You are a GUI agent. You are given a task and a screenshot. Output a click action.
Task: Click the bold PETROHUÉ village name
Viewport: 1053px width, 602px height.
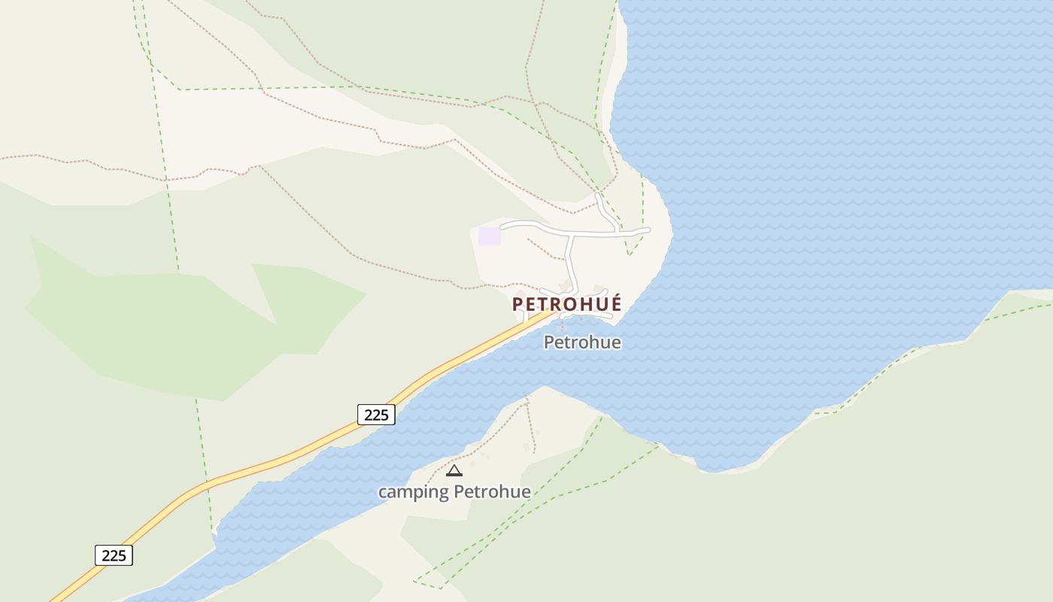[567, 304]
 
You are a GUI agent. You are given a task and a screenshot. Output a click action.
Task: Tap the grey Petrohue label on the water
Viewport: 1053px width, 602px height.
[582, 342]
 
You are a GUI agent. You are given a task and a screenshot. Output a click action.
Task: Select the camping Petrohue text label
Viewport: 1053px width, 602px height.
[454, 492]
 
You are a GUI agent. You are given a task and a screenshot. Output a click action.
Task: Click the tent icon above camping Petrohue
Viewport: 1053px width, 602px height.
[454, 471]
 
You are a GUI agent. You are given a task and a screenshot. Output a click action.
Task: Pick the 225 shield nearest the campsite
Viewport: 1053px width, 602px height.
[376, 414]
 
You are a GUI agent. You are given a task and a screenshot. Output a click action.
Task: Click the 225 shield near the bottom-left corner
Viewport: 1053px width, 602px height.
[114, 555]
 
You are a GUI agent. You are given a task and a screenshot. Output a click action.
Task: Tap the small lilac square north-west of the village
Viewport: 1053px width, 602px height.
[489, 236]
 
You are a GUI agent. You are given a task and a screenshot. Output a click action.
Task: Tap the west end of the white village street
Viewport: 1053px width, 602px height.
[502, 226]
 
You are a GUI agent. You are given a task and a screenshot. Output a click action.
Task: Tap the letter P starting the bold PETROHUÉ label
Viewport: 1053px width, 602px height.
[517, 304]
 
